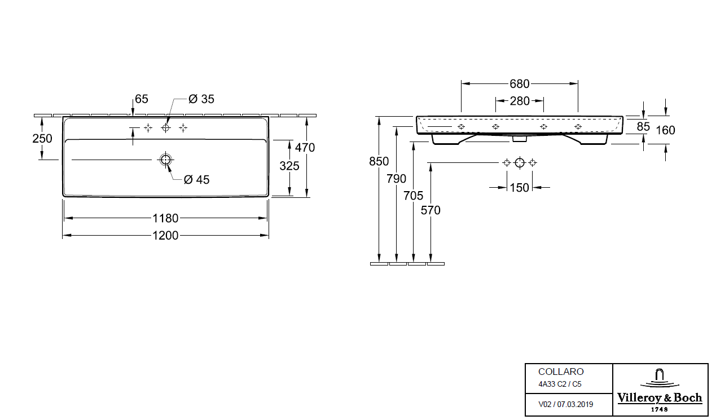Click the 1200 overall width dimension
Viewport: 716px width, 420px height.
pyautogui.click(x=165, y=236)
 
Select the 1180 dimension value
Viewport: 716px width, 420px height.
pyautogui.click(x=165, y=219)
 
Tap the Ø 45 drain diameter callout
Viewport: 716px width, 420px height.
pyautogui.click(x=196, y=180)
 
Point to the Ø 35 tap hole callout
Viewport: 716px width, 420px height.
pyautogui.click(x=201, y=99)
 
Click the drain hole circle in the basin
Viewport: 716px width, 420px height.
pyautogui.click(x=165, y=160)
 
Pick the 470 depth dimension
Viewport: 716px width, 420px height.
pyautogui.click(x=305, y=148)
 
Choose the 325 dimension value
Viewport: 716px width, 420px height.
pyautogui.click(x=289, y=166)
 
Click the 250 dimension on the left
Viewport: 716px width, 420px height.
pyautogui.click(x=42, y=139)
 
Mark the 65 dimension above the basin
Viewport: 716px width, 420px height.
pyautogui.click(x=142, y=99)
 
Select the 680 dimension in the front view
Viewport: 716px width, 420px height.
pyautogui.click(x=520, y=84)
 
